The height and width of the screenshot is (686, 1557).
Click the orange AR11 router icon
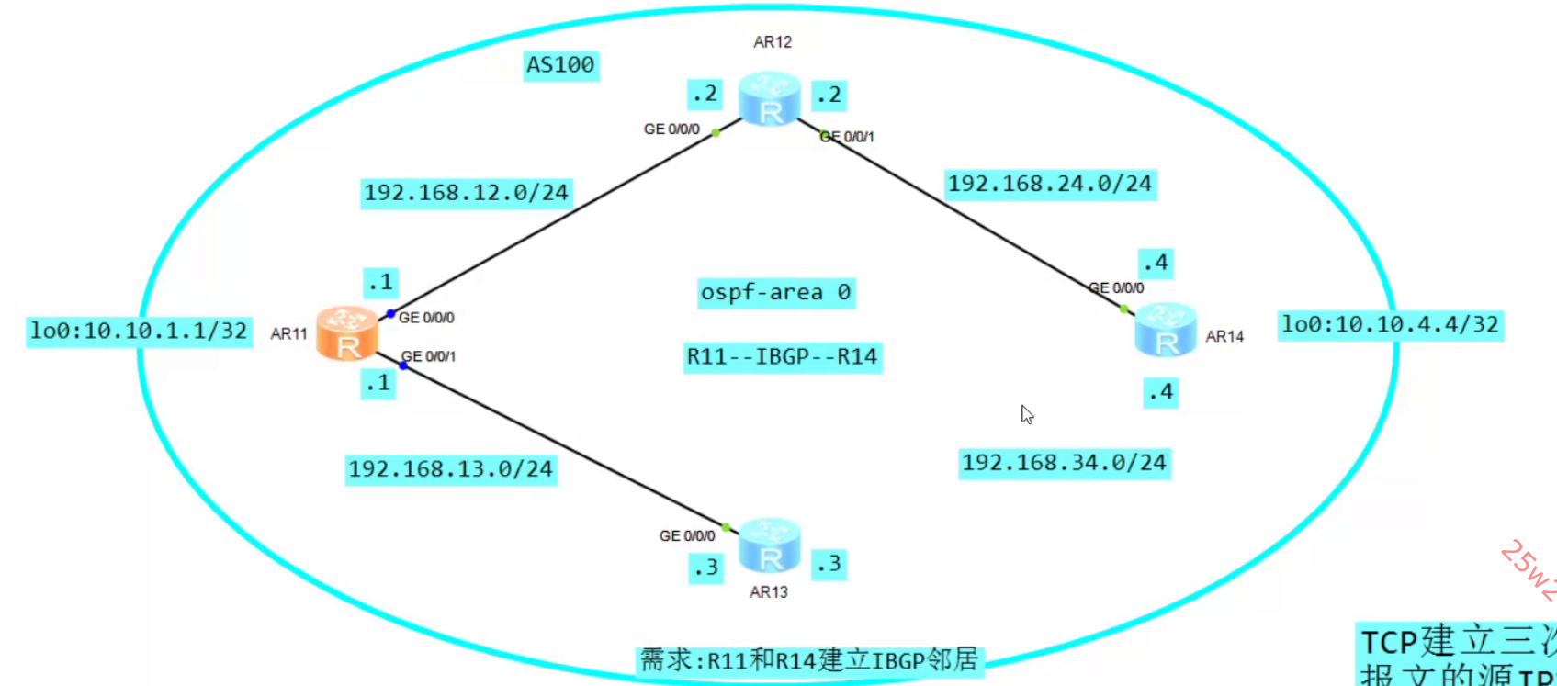click(x=347, y=333)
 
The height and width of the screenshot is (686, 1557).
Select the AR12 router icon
click(x=770, y=99)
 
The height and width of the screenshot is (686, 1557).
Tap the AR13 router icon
click(x=770, y=545)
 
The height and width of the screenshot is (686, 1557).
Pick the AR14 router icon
click(x=1166, y=330)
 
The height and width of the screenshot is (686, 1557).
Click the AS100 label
click(x=560, y=65)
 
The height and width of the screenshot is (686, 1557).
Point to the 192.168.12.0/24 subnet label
click(x=467, y=193)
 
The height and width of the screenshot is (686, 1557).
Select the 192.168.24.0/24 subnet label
click(x=1050, y=184)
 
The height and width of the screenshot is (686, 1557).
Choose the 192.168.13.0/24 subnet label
click(x=451, y=469)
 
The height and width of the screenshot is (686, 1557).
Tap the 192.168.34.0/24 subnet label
click(x=1064, y=463)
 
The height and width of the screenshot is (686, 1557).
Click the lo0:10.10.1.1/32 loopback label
click(x=139, y=331)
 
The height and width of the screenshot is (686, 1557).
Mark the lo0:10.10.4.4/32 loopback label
click(x=1390, y=324)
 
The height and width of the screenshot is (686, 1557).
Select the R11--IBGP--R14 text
click(x=782, y=356)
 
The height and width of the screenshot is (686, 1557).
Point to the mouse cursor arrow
click(x=1026, y=413)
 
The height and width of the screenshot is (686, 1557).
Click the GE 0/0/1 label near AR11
click(x=429, y=356)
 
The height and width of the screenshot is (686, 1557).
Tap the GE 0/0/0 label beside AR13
click(x=686, y=535)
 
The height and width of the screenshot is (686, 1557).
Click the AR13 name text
click(x=769, y=592)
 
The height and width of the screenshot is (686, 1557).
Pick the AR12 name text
click(x=773, y=42)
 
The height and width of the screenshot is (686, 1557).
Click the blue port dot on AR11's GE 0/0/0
click(x=390, y=314)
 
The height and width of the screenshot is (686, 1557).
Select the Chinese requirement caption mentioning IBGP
click(x=809, y=660)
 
